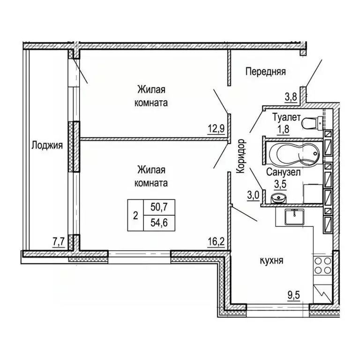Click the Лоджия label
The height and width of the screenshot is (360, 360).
pos(47,146)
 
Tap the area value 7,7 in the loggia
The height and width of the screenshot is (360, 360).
pos(59,242)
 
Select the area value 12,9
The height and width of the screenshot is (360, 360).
pos(216,129)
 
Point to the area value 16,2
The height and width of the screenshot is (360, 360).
pos(216,242)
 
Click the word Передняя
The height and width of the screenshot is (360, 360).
pos(266,72)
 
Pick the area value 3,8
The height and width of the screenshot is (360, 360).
pos(291,97)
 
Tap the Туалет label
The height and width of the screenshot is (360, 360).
pos(286,118)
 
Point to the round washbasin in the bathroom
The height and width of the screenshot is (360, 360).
pos(278,198)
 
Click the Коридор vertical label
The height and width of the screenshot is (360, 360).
pos(241,156)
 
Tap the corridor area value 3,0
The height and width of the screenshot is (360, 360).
pos(253,196)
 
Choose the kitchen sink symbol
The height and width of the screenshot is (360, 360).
pos(294,217)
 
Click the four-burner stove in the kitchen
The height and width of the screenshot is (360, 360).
pos(323,265)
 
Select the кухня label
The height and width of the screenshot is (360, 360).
pos(271,261)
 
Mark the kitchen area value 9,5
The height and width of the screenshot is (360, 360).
pos(294,295)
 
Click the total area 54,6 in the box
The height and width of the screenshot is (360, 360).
pos(159,223)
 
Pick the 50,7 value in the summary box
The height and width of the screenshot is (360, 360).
pos(159,207)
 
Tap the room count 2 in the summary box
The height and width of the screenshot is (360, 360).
pos(135,216)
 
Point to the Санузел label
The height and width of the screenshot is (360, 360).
pos(283,172)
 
